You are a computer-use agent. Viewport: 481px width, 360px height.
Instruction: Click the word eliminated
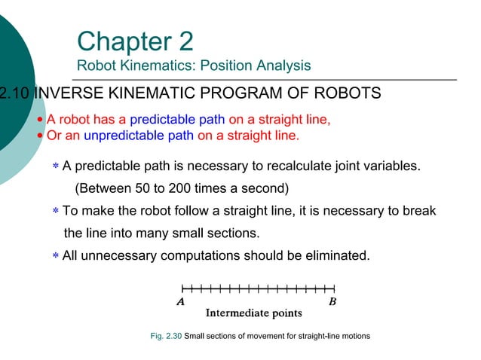pos(339,255)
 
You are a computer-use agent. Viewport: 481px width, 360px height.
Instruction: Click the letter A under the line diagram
pos(180,301)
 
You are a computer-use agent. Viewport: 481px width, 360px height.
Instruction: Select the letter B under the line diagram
pos(332,301)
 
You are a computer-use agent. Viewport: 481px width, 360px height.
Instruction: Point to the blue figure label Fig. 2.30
pos(167,336)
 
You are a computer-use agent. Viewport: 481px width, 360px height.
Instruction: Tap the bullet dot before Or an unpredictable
pos(41,136)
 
